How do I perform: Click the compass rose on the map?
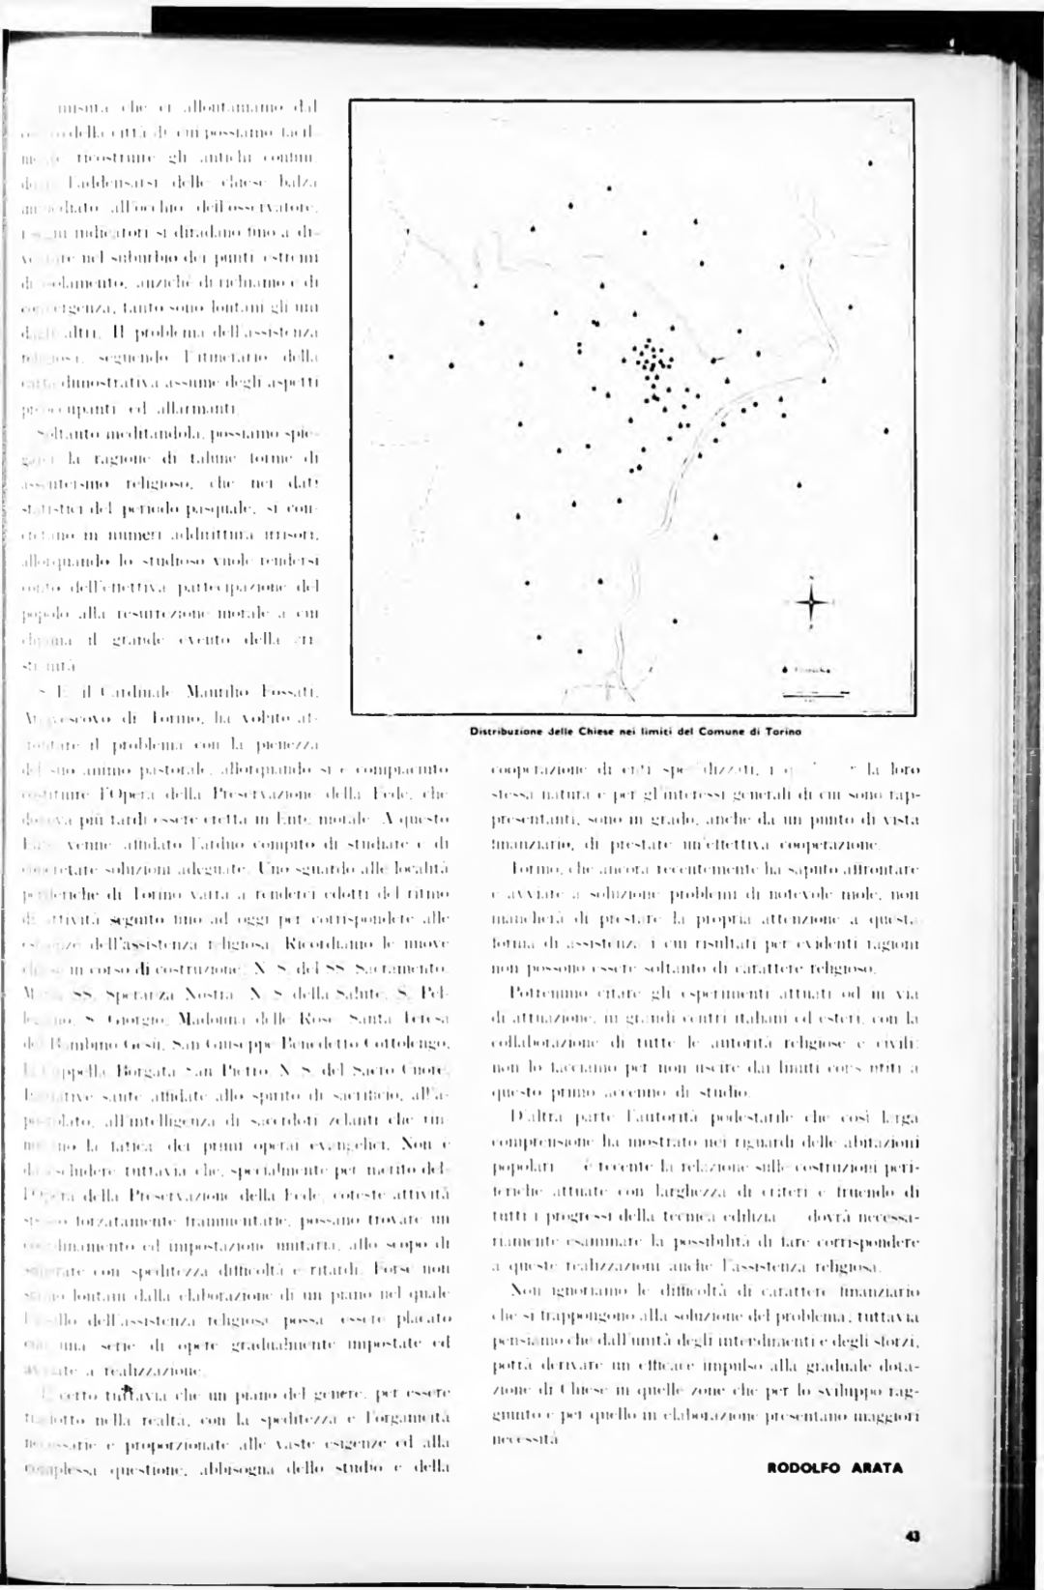click(810, 603)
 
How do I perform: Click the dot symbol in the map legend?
click(784, 669)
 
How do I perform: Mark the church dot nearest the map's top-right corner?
click(871, 162)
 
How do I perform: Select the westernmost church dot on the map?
click(391, 358)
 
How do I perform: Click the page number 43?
click(911, 1537)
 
